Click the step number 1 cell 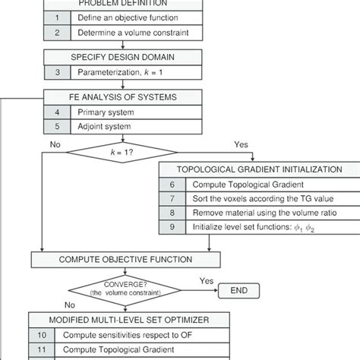coord(56,17)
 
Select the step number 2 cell coord(56,33)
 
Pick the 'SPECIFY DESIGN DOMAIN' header coord(126,57)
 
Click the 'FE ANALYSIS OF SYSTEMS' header coord(126,96)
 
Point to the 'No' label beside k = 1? coord(55,142)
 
